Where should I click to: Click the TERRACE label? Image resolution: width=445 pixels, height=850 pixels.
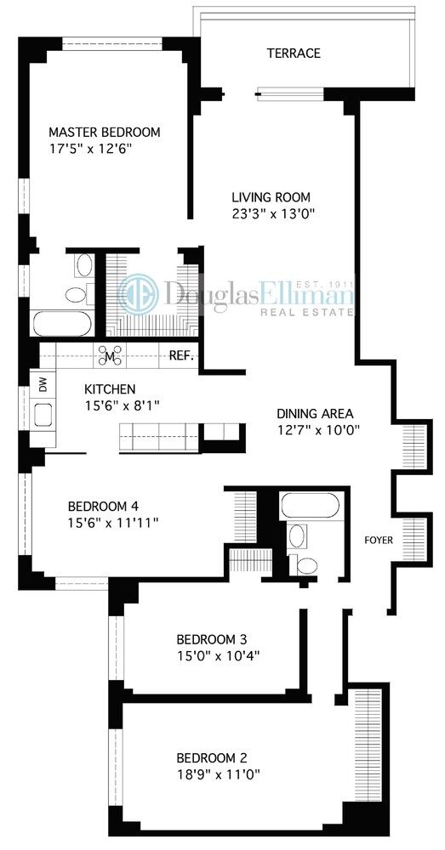click(x=294, y=54)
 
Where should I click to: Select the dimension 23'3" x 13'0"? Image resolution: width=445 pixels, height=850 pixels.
click(x=267, y=214)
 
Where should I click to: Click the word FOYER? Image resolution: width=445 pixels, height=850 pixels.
click(x=378, y=539)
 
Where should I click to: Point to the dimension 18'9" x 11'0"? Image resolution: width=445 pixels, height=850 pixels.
click(x=218, y=773)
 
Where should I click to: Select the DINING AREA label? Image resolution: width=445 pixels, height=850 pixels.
click(x=315, y=414)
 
